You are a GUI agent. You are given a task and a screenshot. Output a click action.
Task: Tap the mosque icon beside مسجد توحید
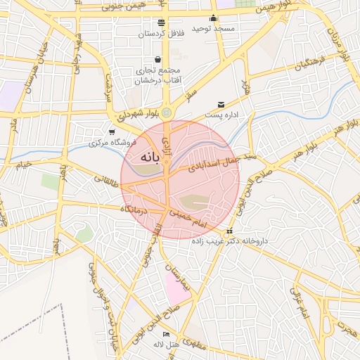[x=214, y=19]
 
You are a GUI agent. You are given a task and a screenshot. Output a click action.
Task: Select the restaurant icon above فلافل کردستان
[x=161, y=23]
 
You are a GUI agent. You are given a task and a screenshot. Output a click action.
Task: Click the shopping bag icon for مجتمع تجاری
[x=157, y=60]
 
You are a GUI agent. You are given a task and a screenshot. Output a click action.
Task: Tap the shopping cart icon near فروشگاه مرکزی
[x=111, y=132]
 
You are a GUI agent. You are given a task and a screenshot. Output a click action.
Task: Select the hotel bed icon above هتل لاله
[x=166, y=334]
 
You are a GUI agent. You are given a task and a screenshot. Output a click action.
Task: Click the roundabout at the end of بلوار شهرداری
[x=166, y=112]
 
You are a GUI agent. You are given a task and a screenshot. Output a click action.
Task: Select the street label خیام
[x=25, y=166]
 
